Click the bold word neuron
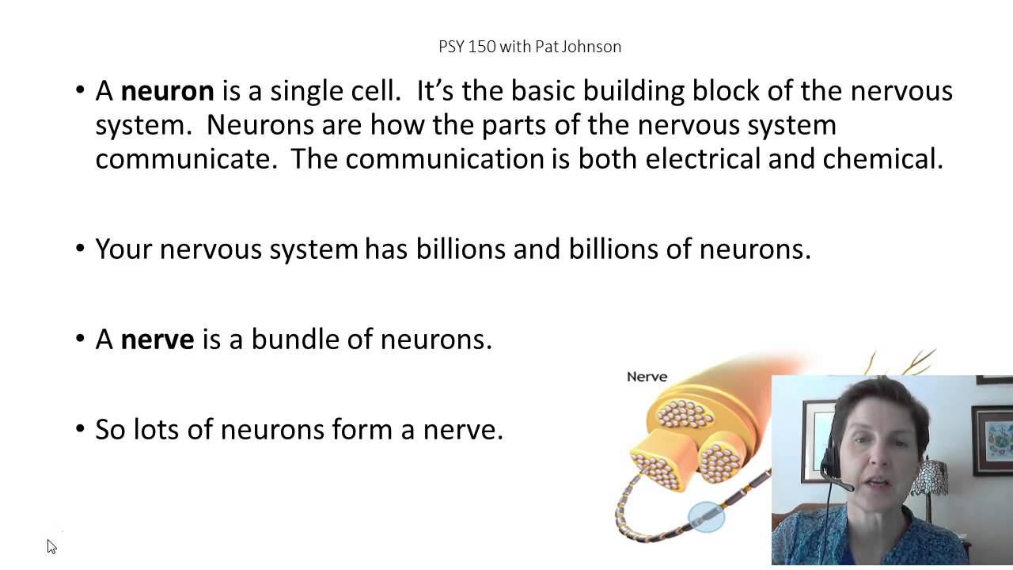[167, 91]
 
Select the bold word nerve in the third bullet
[157, 340]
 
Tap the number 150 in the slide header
[481, 47]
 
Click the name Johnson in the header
[590, 47]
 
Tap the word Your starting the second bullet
[124, 249]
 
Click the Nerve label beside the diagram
[647, 377]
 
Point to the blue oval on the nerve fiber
[706, 518]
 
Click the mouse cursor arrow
[51, 545]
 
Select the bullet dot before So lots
[80, 430]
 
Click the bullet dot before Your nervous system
[80, 249]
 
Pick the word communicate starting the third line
[186, 159]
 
